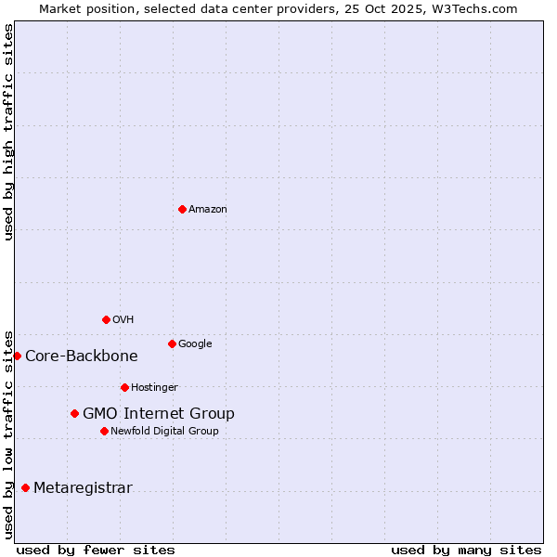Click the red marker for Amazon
182,209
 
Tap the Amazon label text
208,209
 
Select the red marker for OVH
106,319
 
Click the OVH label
123,319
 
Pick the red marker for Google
172,343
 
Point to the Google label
195,343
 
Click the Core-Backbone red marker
17,356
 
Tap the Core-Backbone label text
82,356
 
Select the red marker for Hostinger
124,387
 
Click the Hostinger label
154,387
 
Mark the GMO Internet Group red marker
74,413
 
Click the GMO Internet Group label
159,413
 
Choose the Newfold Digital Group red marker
104,431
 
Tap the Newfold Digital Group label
164,431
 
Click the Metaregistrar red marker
25,487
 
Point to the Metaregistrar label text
83,488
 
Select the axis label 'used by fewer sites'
96,550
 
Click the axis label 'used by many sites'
466,550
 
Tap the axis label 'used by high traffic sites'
8,132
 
